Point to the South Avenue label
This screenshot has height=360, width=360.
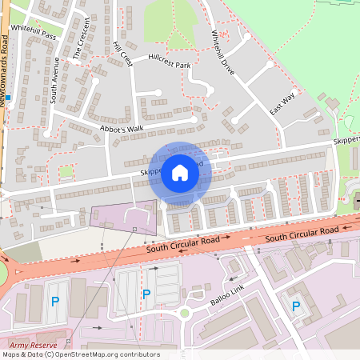54,80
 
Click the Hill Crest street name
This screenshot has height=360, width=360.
122,54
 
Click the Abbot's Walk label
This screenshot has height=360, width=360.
121,127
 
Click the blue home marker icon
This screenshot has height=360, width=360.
180,173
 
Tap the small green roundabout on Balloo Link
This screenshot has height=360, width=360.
185,313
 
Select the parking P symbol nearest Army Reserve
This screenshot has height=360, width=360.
54,302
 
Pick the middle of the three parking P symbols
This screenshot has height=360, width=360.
146,294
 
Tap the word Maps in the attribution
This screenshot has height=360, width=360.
12,354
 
